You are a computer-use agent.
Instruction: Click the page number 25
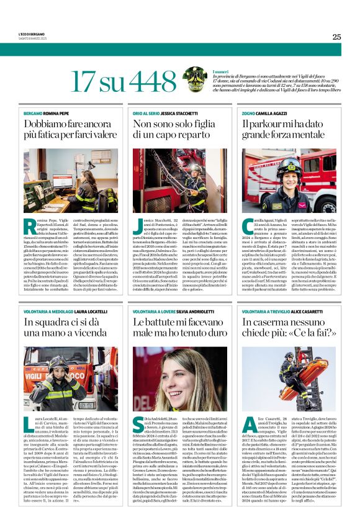(336, 37)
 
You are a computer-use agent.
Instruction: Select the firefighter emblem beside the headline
(195, 79)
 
